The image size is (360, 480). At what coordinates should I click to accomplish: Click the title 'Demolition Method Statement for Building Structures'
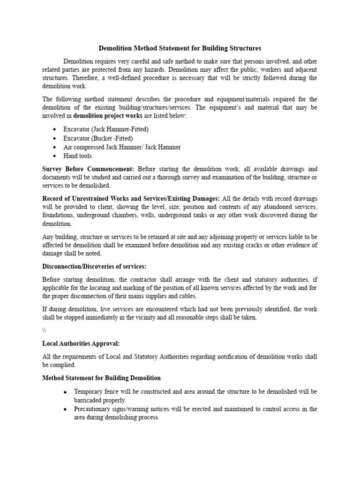[180, 48]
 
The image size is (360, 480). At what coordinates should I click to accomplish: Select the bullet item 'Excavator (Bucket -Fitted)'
[98, 138]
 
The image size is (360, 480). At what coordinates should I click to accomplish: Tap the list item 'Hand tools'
[77, 156]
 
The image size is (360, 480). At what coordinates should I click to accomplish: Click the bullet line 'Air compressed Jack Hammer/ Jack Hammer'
[122, 147]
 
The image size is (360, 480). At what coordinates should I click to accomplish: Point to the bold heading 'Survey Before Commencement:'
[88, 169]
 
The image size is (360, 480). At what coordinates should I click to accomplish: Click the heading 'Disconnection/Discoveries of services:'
[94, 267]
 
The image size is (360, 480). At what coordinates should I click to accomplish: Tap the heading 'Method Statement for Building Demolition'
[101, 378]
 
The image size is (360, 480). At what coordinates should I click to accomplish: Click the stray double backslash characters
[45, 330]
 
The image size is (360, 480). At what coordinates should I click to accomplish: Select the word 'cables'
[187, 296]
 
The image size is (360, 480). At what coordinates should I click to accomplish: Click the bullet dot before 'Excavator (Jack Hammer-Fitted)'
[55, 129]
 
